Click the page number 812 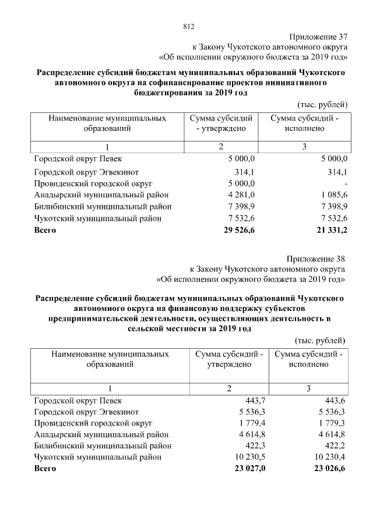(188, 26)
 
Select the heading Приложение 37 (318, 36)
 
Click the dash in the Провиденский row (346, 183)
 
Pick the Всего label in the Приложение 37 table (45, 231)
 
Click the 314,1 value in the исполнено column (337, 172)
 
